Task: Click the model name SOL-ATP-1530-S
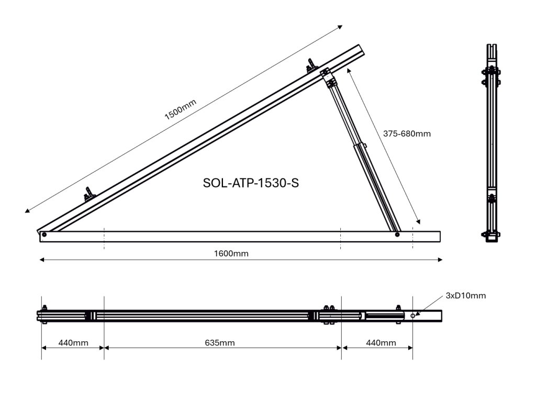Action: click(x=250, y=183)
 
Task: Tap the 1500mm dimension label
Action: click(x=180, y=109)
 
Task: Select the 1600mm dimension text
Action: click(x=231, y=254)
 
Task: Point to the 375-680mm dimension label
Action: click(x=407, y=133)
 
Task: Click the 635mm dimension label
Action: click(x=219, y=343)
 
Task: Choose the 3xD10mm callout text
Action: click(x=466, y=296)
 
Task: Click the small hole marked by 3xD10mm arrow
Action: click(x=413, y=316)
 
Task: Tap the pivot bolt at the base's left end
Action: click(x=44, y=234)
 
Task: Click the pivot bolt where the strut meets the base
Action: click(x=397, y=234)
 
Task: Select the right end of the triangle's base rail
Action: click(x=441, y=236)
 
